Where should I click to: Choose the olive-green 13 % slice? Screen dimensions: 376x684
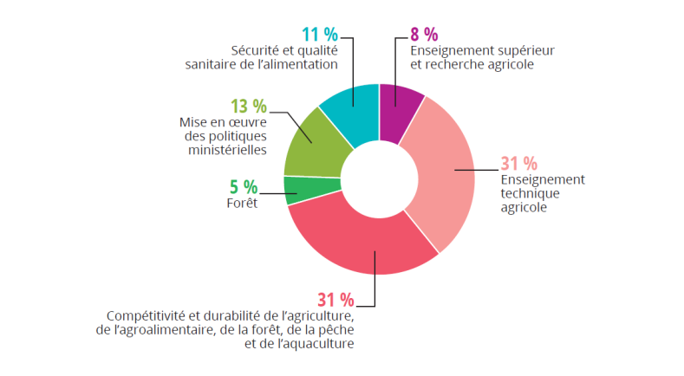(314, 147)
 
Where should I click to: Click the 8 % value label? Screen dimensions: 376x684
(424, 35)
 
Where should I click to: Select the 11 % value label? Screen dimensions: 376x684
(319, 35)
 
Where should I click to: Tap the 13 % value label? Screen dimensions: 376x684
(249, 107)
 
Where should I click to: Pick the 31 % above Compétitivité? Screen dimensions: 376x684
(335, 301)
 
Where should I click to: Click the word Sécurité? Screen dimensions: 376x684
(257, 50)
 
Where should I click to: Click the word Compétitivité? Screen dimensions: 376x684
(143, 316)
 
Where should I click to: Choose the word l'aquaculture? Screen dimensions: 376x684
(318, 344)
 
